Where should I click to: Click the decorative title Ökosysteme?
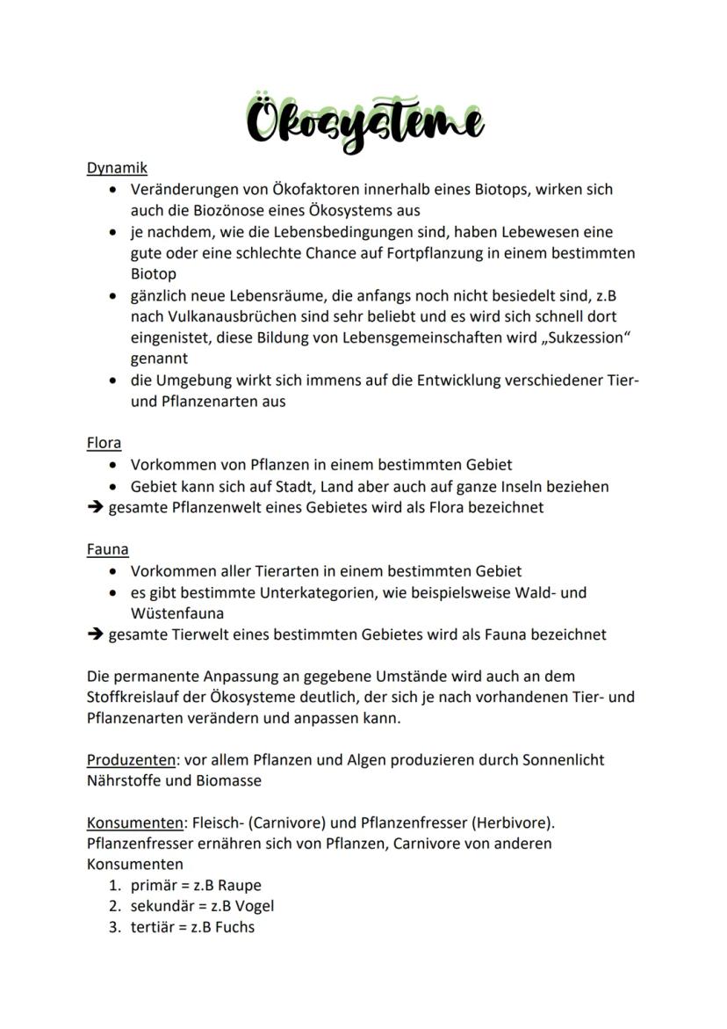click(364, 124)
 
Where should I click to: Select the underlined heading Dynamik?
click(117, 168)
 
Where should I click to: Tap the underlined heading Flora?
click(104, 443)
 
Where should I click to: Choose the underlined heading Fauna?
click(107, 549)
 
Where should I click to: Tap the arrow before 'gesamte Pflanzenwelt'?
click(95, 507)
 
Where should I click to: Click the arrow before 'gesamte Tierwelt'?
click(95, 634)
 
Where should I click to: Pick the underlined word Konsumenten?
click(135, 822)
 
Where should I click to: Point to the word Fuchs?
click(234, 927)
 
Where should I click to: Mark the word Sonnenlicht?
click(561, 758)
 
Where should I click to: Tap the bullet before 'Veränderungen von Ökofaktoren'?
click(114, 190)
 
